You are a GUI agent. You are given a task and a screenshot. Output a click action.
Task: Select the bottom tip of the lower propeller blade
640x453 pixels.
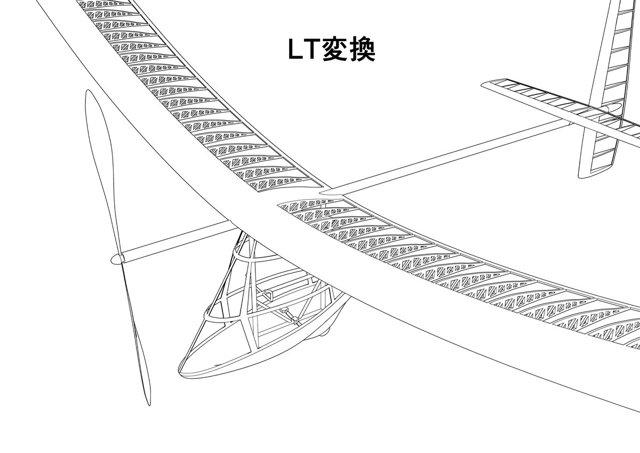pyautogui.click(x=147, y=405)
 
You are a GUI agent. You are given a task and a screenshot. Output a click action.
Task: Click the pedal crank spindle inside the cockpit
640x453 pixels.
pyautogui.click(x=295, y=321)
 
